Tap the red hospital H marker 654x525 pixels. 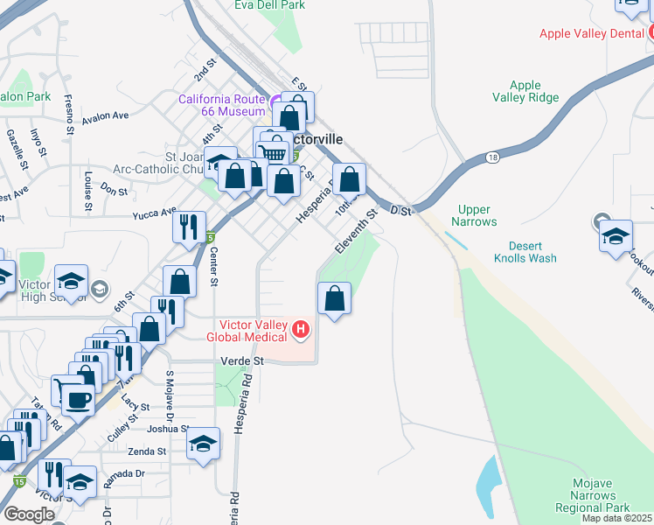301,330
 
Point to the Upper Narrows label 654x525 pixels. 475,216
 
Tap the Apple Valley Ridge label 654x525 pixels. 525,91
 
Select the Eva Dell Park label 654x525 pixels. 269,5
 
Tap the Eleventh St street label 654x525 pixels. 356,230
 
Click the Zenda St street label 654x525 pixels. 147,451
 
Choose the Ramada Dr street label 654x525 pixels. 123,473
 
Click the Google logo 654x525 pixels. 28,514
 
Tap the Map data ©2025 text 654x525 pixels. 617,518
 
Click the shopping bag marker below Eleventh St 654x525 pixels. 334,300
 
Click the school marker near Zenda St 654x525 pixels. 203,444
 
